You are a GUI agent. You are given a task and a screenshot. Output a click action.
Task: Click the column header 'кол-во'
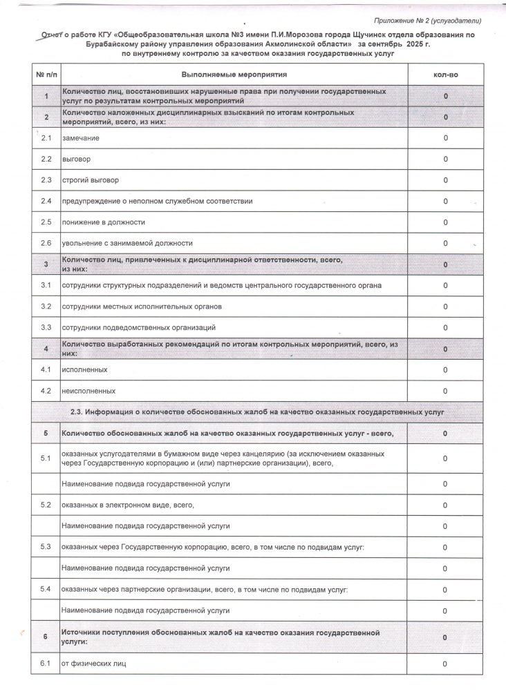445,72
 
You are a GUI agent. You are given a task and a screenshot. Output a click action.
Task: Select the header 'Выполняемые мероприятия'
234,72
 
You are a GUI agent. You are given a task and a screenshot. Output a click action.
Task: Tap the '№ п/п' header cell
46,72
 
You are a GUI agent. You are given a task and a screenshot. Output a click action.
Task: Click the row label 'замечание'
80,138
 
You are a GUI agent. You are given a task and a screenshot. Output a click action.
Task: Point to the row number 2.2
46,159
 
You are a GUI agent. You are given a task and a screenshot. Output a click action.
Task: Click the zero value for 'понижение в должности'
446,222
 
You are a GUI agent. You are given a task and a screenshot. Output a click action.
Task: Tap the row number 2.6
46,243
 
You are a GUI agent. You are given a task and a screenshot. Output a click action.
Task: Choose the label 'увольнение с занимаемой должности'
126,243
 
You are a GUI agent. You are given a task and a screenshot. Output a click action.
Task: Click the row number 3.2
46,306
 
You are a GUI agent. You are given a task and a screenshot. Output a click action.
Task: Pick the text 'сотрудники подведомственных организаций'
139,327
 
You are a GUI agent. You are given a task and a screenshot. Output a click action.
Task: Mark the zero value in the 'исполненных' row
446,370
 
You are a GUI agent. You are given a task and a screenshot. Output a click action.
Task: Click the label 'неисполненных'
88,391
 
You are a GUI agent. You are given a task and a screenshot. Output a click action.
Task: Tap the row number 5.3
46,547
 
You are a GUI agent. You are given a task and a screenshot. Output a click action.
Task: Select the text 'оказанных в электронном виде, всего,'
128,505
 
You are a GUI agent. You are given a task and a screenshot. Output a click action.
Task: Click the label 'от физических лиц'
94,664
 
